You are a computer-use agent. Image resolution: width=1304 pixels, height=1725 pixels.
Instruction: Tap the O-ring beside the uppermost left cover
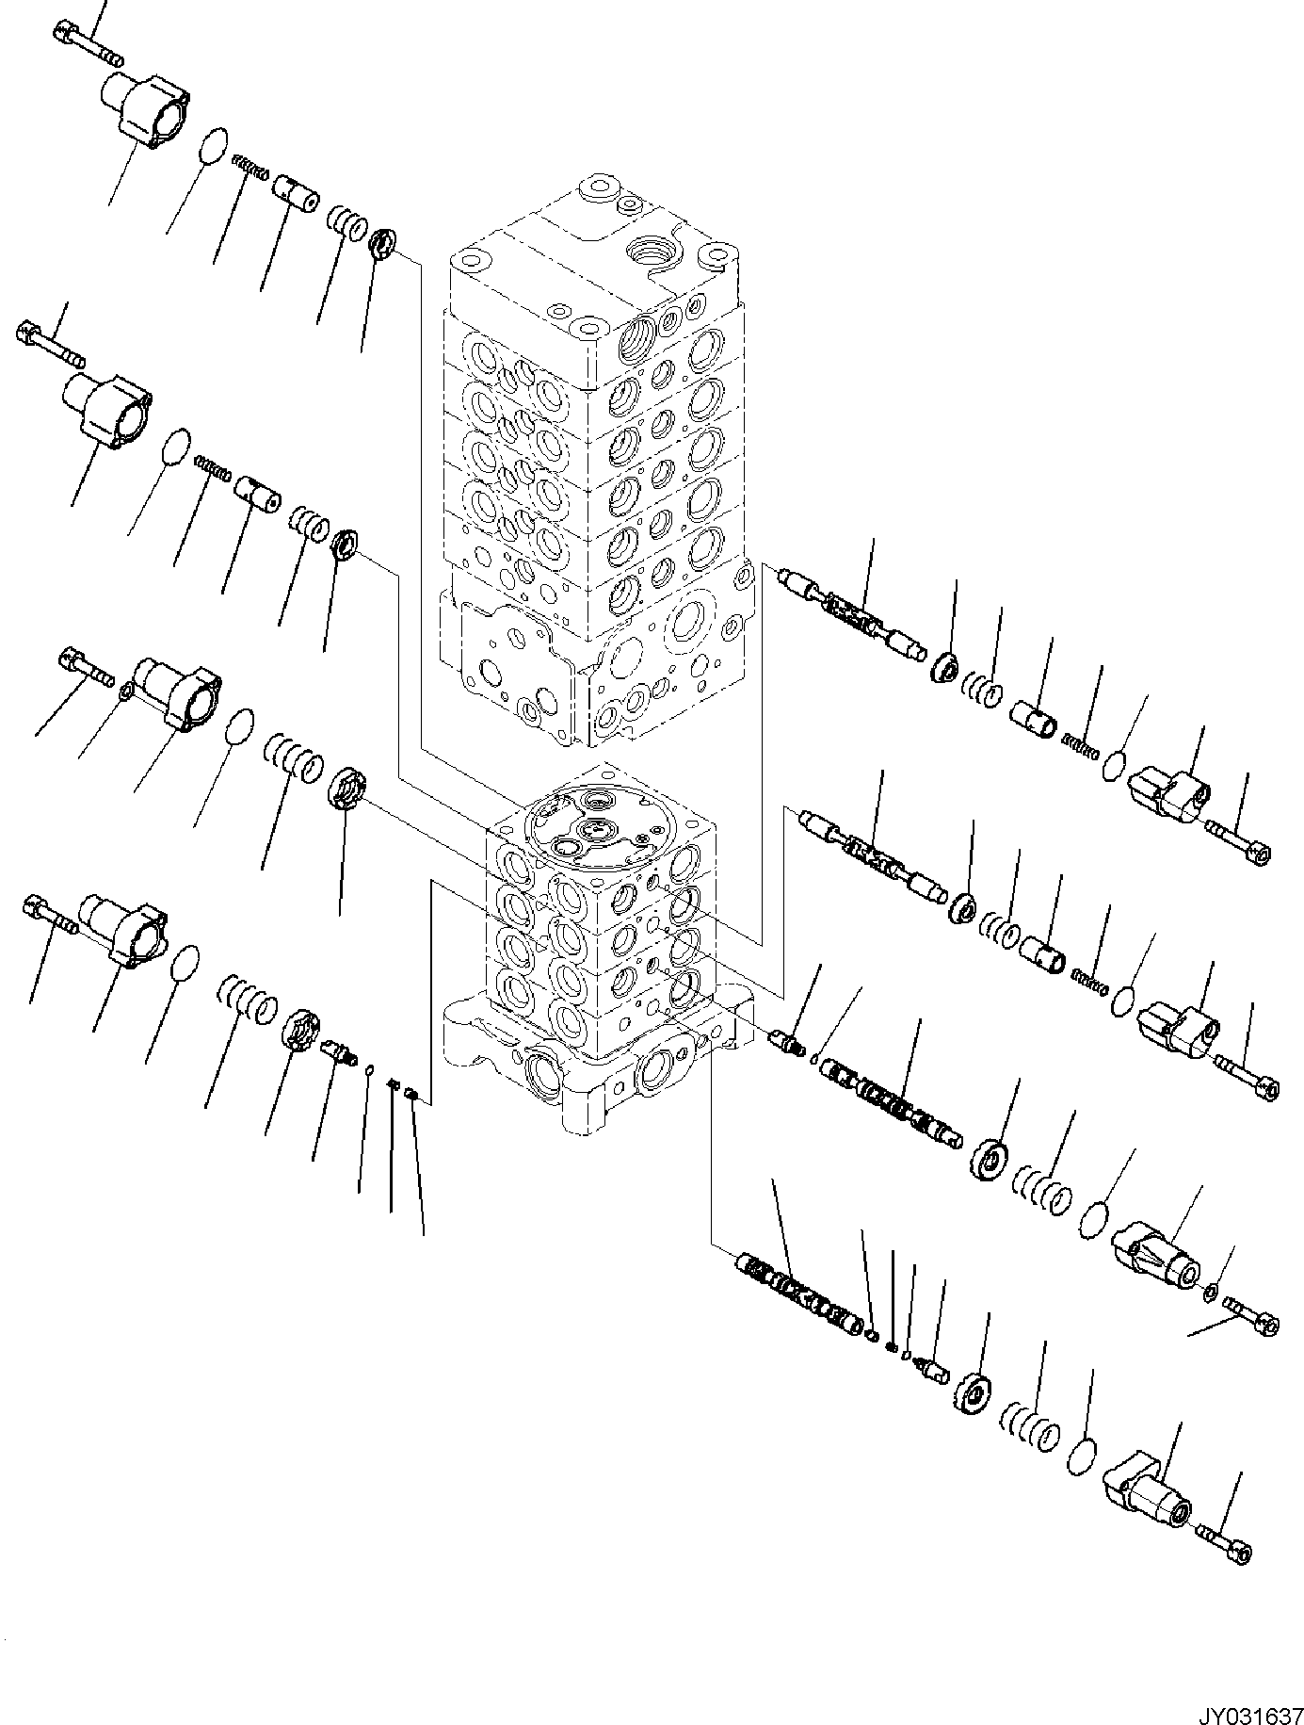click(216, 144)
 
